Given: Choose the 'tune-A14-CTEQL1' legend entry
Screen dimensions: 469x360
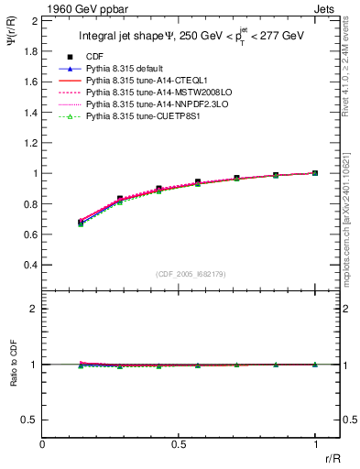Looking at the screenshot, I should (x=148, y=82).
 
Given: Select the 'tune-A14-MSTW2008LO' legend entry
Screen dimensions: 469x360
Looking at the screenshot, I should (x=156, y=93).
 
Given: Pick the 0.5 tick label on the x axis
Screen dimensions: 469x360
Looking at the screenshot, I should (x=179, y=444).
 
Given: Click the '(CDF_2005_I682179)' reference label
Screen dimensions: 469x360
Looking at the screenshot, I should (x=191, y=272).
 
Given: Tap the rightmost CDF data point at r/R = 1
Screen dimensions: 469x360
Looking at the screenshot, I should (x=316, y=173).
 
